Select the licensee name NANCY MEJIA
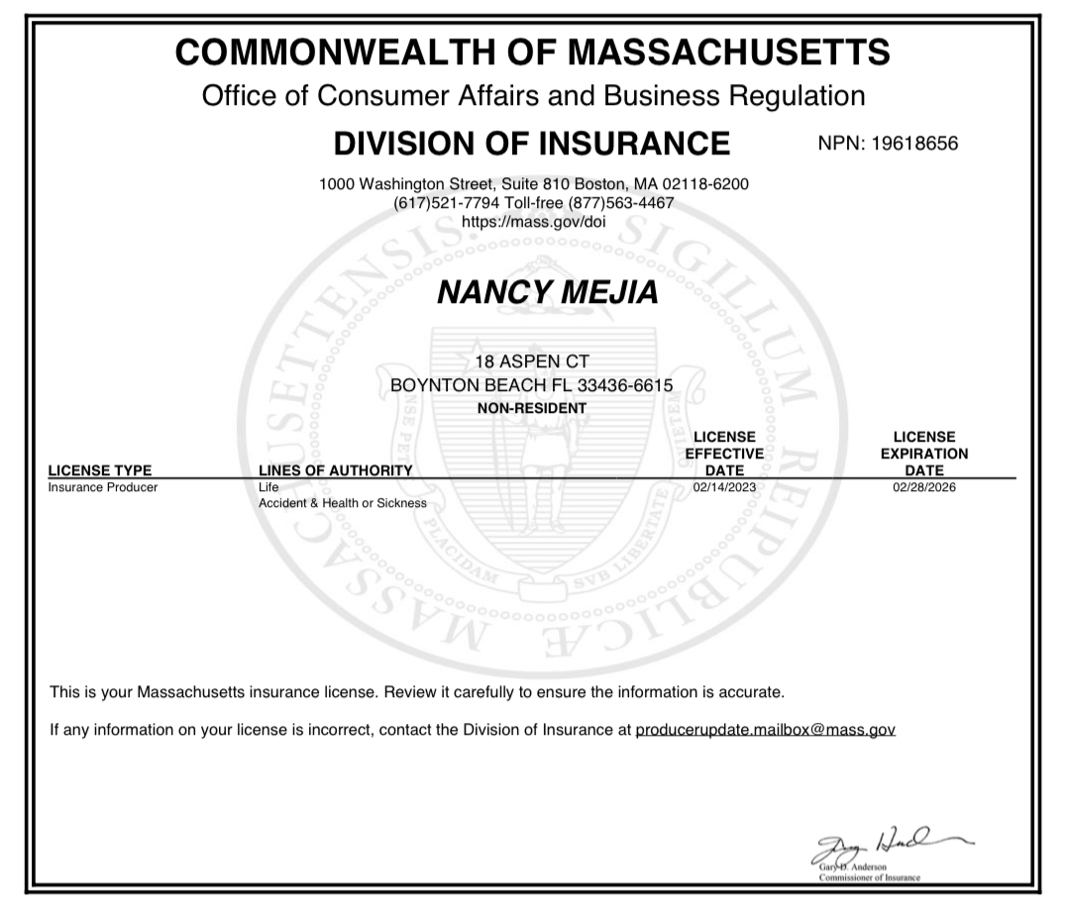[x=534, y=293]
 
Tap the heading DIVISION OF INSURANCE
[x=532, y=144]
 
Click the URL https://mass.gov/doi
[x=534, y=221]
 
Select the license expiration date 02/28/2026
[x=924, y=487]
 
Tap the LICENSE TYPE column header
[x=100, y=470]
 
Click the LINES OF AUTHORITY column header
[x=335, y=470]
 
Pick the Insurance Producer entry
[x=103, y=487]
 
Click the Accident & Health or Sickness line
[x=343, y=503]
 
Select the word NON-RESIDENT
[x=533, y=408]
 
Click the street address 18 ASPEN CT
[x=533, y=361]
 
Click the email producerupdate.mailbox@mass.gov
[x=765, y=731]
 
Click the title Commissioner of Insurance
[x=869, y=878]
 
